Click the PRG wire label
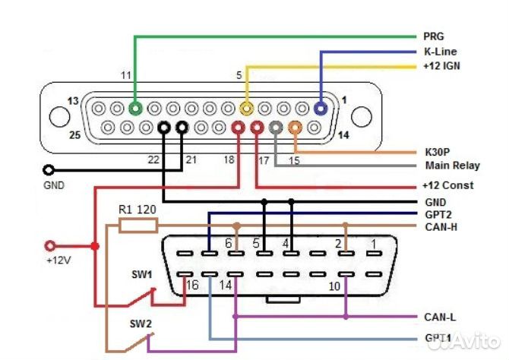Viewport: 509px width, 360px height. click(434, 36)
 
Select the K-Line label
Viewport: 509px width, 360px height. click(439, 52)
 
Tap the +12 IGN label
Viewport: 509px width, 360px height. click(441, 66)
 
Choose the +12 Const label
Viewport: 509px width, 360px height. click(447, 185)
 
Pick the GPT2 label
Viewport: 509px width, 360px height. click(435, 214)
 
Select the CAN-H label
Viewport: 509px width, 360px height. click(438, 226)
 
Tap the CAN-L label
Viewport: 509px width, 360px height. click(438, 316)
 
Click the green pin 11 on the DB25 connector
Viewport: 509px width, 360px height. click(136, 109)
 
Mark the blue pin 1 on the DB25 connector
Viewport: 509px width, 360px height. click(321, 109)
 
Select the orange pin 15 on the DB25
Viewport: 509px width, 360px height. click(294, 128)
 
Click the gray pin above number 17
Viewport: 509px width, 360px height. click(276, 128)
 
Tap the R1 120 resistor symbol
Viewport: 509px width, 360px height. click(138, 225)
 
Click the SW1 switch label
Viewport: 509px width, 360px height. click(141, 274)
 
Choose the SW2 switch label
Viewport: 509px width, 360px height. click(141, 324)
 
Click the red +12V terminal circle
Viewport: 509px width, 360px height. click(52, 246)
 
